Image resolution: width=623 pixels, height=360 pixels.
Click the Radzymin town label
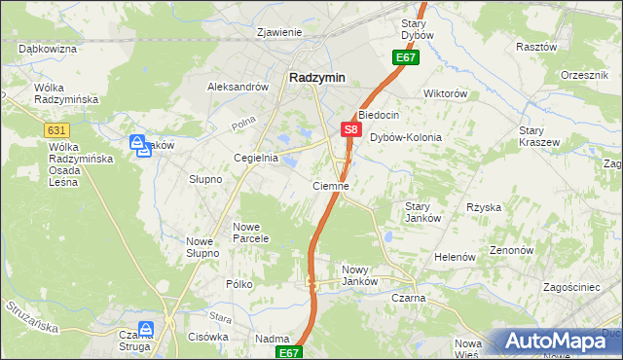(317, 78)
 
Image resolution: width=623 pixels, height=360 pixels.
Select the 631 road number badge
(57, 130)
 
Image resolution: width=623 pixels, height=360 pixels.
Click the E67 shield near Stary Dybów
(406, 58)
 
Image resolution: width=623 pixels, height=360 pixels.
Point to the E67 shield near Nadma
(288, 352)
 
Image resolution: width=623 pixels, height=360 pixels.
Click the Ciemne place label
(331, 185)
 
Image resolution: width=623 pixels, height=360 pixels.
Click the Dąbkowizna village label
(47, 48)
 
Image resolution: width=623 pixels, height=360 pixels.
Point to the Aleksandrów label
(238, 87)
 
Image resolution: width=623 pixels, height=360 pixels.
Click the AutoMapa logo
(564, 342)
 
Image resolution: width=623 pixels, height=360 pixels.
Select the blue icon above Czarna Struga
(146, 330)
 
